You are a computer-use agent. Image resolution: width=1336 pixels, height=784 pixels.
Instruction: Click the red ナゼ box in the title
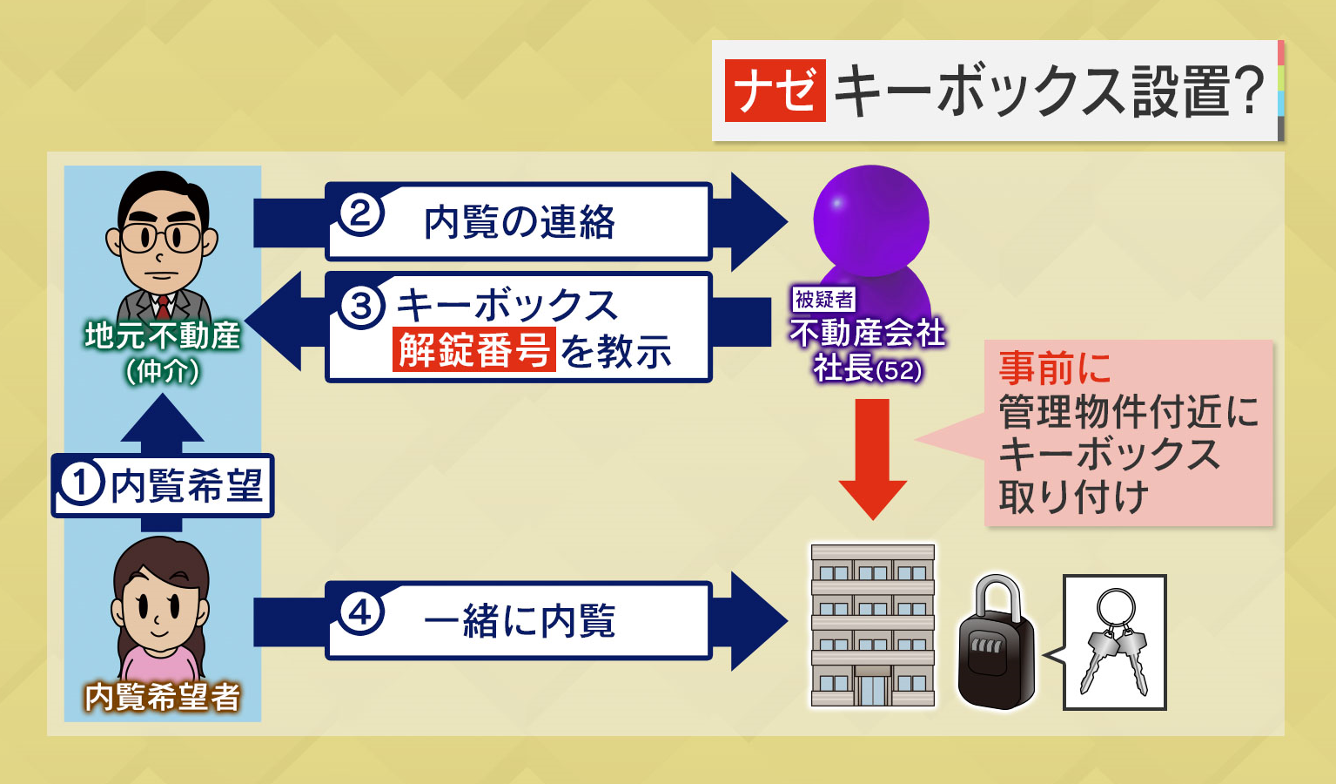(x=775, y=91)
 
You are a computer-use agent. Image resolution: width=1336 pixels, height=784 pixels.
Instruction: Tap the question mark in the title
(x=1248, y=91)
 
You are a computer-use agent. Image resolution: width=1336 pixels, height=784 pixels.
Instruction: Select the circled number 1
(x=81, y=484)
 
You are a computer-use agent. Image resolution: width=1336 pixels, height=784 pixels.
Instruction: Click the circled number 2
(x=361, y=213)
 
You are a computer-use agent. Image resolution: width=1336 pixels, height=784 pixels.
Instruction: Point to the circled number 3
(x=361, y=306)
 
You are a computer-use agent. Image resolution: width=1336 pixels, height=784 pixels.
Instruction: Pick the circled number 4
(x=361, y=613)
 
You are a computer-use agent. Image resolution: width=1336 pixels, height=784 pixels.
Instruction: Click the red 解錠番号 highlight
(x=473, y=350)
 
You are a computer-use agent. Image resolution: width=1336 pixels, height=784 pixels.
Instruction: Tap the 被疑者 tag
(x=823, y=300)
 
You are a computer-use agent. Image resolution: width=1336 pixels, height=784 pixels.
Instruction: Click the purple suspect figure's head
(x=870, y=218)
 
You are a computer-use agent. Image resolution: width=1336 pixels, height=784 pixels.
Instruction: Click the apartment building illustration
(x=872, y=625)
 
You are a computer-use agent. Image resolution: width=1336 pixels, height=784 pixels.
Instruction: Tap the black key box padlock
(x=996, y=645)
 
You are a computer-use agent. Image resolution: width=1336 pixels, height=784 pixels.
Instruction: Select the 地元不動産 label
(x=162, y=335)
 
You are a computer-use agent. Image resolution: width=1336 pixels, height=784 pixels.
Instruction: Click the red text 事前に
(x=1054, y=368)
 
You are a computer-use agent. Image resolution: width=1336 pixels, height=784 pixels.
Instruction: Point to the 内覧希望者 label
(x=162, y=697)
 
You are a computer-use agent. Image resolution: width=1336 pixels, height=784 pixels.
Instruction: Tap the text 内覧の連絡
(x=520, y=222)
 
